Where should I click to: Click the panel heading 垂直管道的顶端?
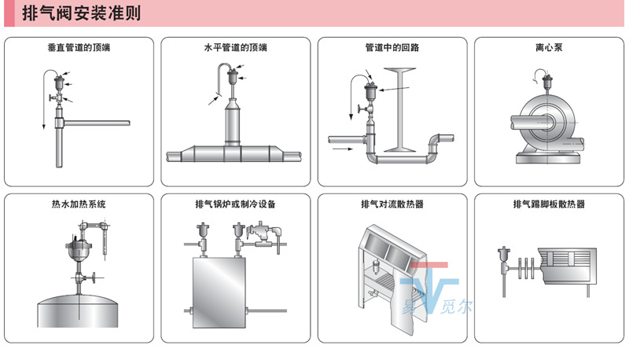[79, 48]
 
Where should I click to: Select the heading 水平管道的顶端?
[235, 48]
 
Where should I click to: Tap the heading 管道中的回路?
[392, 48]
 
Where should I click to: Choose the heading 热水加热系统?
[79, 204]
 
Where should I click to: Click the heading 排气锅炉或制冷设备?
[235, 204]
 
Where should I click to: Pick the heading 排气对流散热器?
[392, 204]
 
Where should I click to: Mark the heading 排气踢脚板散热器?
[549, 204]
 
